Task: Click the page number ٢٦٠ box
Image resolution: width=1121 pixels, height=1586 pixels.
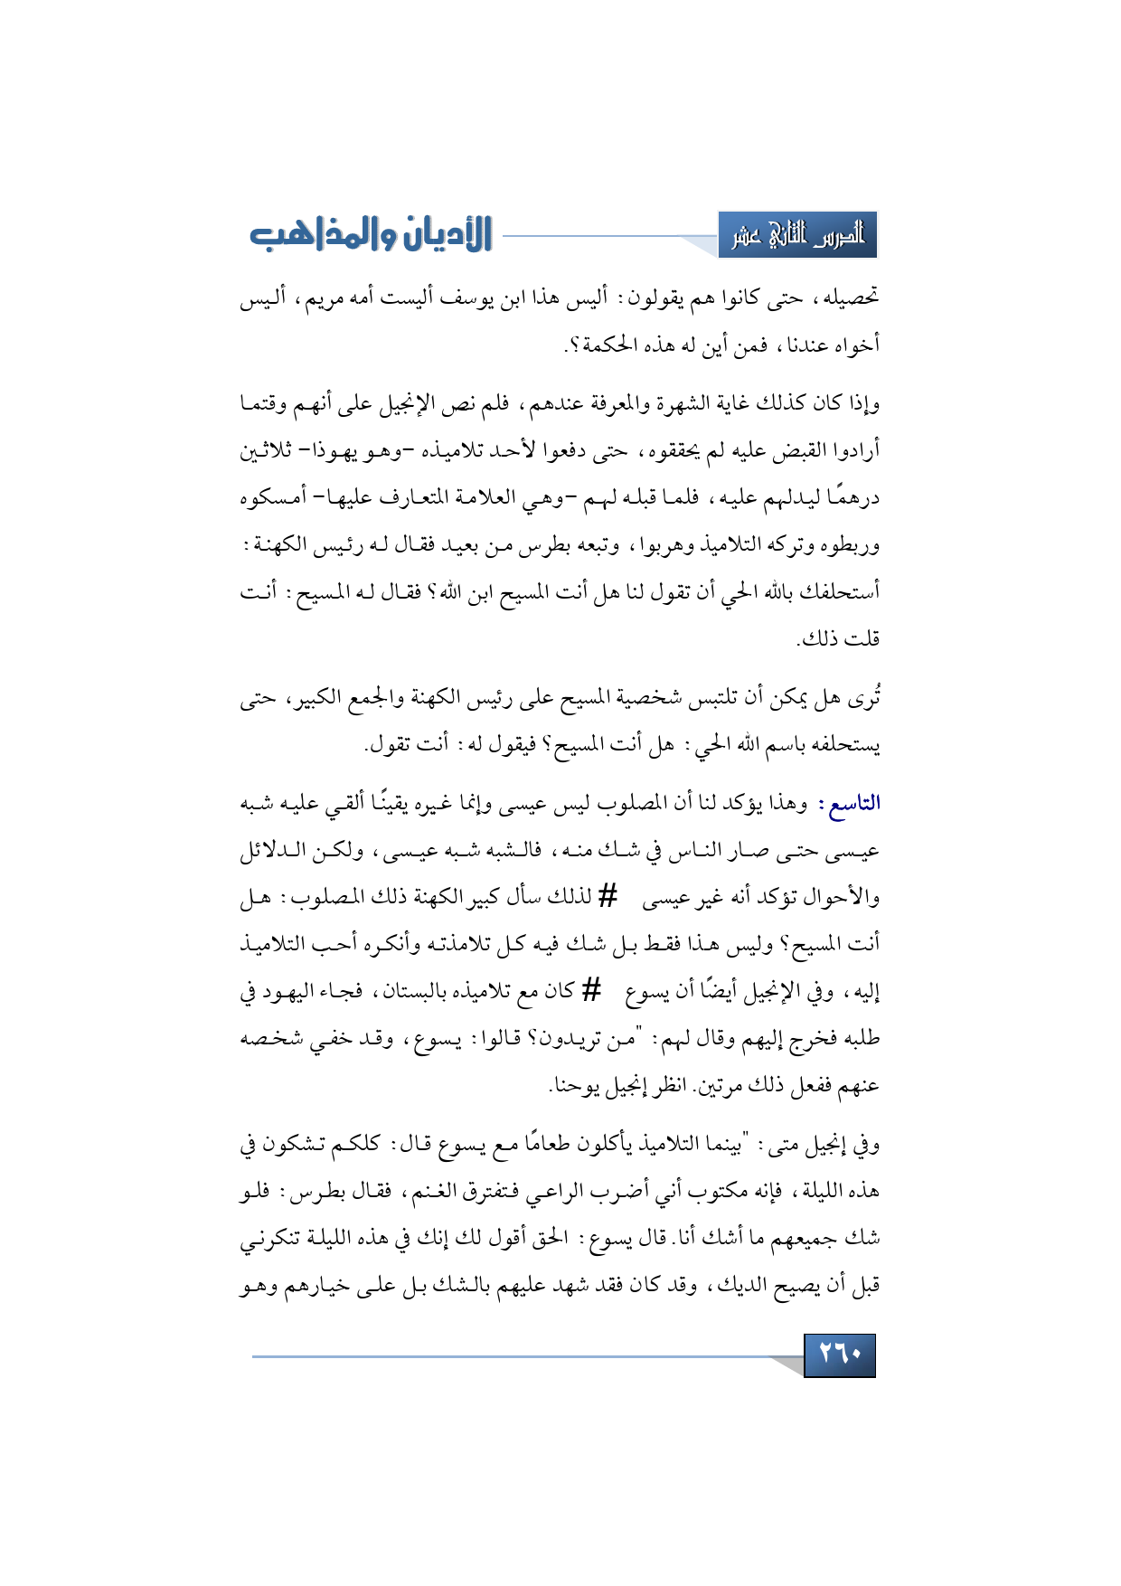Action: (839, 1355)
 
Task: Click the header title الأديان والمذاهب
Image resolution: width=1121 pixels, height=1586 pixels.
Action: (371, 234)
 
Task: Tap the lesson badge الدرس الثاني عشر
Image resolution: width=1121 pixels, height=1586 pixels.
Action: (797, 235)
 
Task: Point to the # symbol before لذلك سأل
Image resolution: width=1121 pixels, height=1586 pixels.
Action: (608, 897)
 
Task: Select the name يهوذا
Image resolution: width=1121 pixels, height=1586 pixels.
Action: (334, 449)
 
